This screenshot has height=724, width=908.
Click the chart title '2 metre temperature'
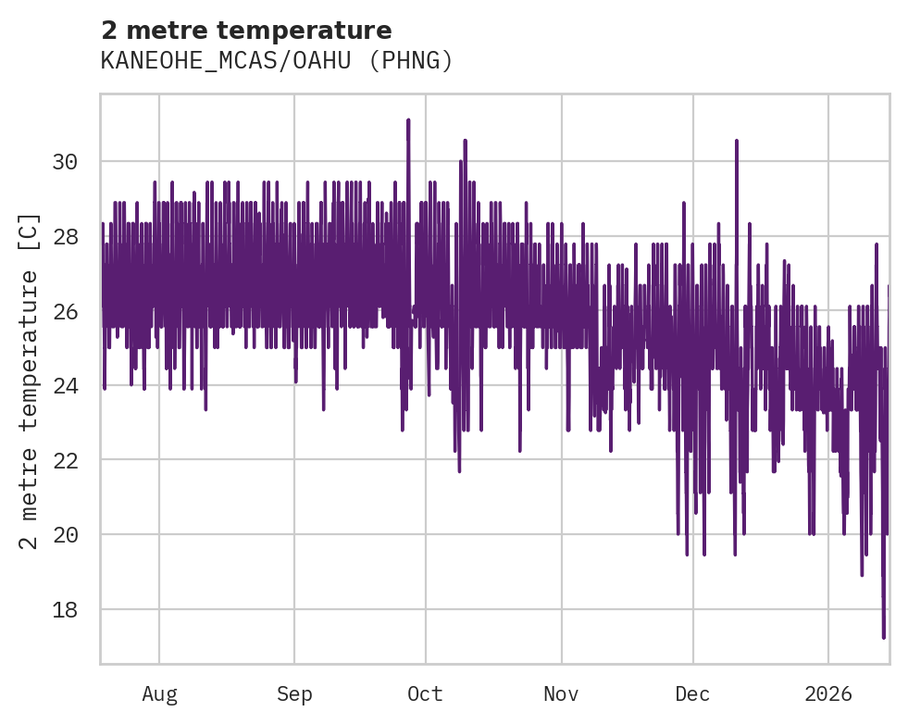tap(245, 31)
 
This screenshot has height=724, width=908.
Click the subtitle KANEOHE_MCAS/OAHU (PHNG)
tap(276, 61)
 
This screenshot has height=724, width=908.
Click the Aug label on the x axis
tap(159, 693)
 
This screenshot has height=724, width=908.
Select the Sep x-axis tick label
tap(294, 693)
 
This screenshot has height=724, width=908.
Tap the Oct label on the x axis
tap(425, 693)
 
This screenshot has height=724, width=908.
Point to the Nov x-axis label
tap(561, 693)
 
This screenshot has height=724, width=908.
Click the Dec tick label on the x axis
tap(692, 693)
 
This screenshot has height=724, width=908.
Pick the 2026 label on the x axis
tap(828, 693)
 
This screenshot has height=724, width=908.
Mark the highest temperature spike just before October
tap(407, 120)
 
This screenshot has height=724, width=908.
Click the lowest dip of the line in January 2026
tap(884, 636)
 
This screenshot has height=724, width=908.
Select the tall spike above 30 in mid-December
tap(737, 142)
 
